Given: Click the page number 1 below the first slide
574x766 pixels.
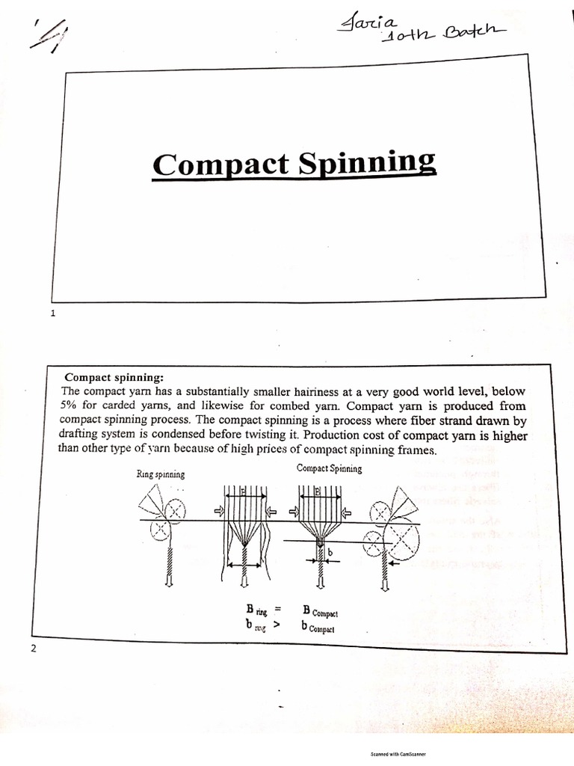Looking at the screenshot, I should tap(53, 314).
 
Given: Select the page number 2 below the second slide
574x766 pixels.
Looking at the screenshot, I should tap(33, 648).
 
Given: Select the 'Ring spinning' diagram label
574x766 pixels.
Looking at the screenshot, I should tap(161, 474).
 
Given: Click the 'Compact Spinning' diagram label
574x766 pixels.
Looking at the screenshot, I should tap(329, 469).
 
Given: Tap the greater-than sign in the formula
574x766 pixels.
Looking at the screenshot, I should tap(276, 626).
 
